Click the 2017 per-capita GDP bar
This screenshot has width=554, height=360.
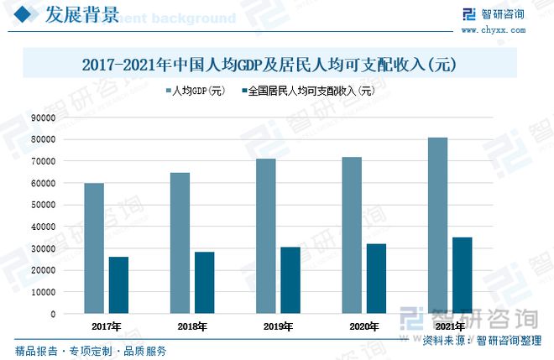[94, 248]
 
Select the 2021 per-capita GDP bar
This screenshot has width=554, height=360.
[437, 226]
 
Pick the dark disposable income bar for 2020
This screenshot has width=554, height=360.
[376, 279]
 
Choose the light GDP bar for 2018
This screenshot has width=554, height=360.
[180, 243]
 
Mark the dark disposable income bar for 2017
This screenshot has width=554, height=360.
[118, 285]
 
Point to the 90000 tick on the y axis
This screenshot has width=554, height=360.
[43, 117]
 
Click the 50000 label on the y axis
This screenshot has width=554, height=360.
[43, 205]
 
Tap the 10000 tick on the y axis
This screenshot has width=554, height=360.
[43, 292]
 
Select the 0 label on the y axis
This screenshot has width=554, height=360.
[53, 314]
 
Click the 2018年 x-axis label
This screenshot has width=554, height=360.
[192, 326]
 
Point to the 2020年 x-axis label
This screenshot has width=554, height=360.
[364, 326]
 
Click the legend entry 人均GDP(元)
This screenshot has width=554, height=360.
[196, 91]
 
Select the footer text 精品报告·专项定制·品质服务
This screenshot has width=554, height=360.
[91, 351]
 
